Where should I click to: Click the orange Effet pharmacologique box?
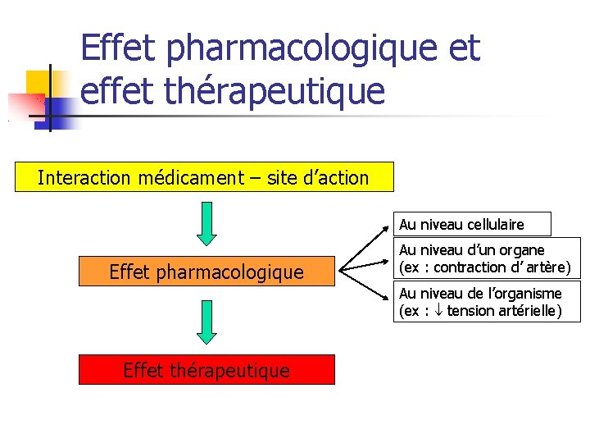[x=206, y=272]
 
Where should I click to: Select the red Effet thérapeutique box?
[x=206, y=370]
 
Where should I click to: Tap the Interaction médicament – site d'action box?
[x=204, y=177]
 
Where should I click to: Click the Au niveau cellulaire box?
[x=473, y=224]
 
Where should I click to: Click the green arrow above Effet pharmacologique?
[x=206, y=223]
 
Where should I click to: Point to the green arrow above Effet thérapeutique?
[x=206, y=322]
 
